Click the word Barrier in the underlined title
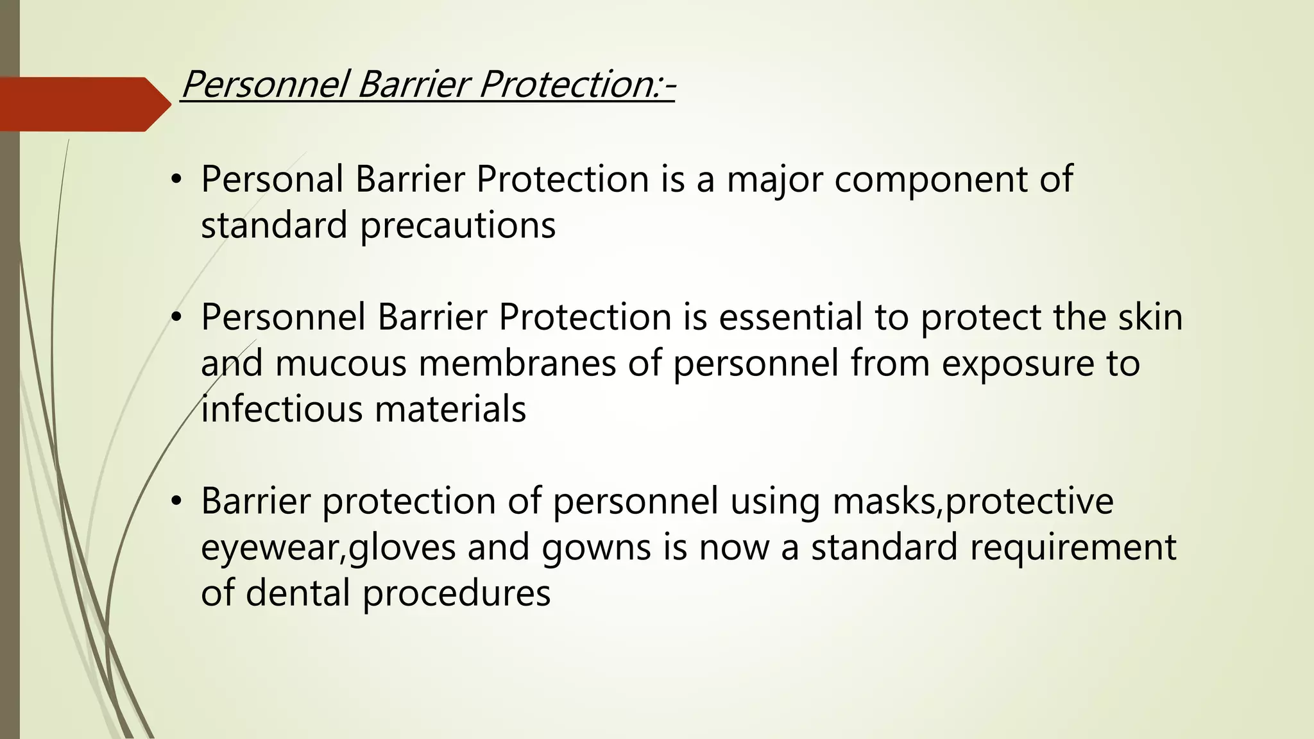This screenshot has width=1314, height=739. coord(411,85)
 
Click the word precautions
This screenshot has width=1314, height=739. coord(457,226)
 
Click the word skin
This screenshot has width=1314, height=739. coord(1150,317)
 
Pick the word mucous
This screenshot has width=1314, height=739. coord(341,364)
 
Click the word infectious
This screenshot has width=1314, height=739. coord(282,409)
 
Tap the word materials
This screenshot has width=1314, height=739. coord(450,409)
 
